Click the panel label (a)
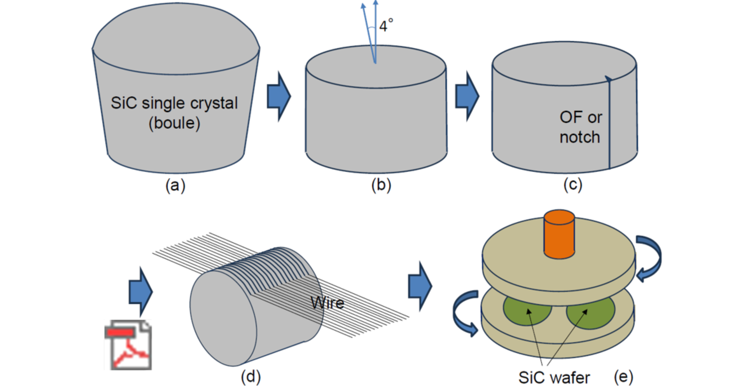coord(175,185)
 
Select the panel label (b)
coord(381,185)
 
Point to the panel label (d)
coord(251,376)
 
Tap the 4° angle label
coord(386,26)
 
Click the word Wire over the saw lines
coord(328,303)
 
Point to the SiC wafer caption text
coord(554,377)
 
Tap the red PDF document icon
coord(128,345)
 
